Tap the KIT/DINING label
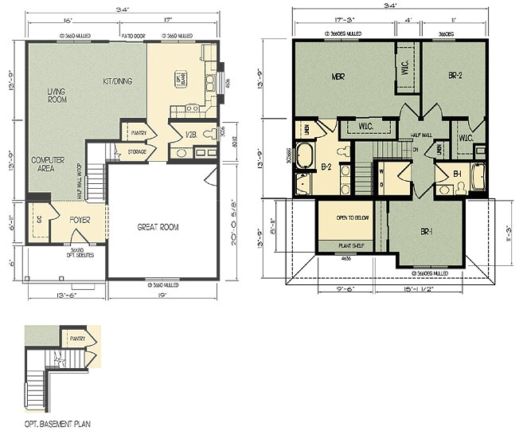(x=119, y=81)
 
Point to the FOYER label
(x=80, y=217)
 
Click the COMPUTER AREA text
(x=48, y=165)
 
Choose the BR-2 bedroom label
(x=456, y=76)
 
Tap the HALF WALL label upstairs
(x=421, y=135)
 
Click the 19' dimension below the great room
(x=162, y=296)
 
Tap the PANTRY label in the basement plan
(x=77, y=339)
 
